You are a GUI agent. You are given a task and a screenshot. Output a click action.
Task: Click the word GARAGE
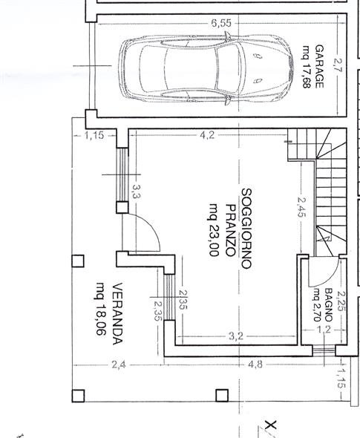tap(319, 67)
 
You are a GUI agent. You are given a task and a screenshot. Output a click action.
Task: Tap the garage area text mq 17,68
tap(307, 67)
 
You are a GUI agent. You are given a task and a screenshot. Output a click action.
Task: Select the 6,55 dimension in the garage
tap(221, 23)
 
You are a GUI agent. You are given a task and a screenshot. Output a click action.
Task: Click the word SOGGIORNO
tap(246, 229)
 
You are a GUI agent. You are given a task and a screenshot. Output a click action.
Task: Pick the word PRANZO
tap(231, 230)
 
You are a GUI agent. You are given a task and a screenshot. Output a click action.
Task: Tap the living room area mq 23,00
tap(214, 229)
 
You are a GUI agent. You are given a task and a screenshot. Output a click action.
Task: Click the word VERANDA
tap(117, 314)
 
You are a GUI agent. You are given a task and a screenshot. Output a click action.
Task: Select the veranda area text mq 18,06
tap(101, 309)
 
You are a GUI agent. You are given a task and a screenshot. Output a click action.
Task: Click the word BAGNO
tap(329, 305)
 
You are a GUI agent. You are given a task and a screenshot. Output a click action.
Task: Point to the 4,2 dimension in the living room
tap(207, 135)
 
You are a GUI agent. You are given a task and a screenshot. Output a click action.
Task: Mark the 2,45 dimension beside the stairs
tap(301, 207)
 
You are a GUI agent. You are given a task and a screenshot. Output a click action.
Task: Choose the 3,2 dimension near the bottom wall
tap(236, 336)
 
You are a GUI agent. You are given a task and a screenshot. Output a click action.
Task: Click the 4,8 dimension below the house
tap(255, 365)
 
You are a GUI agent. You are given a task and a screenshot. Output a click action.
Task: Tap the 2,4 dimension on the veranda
tap(119, 365)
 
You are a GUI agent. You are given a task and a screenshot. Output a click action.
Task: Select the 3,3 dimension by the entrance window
tap(136, 192)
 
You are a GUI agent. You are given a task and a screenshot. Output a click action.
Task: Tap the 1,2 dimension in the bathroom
tap(324, 330)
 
